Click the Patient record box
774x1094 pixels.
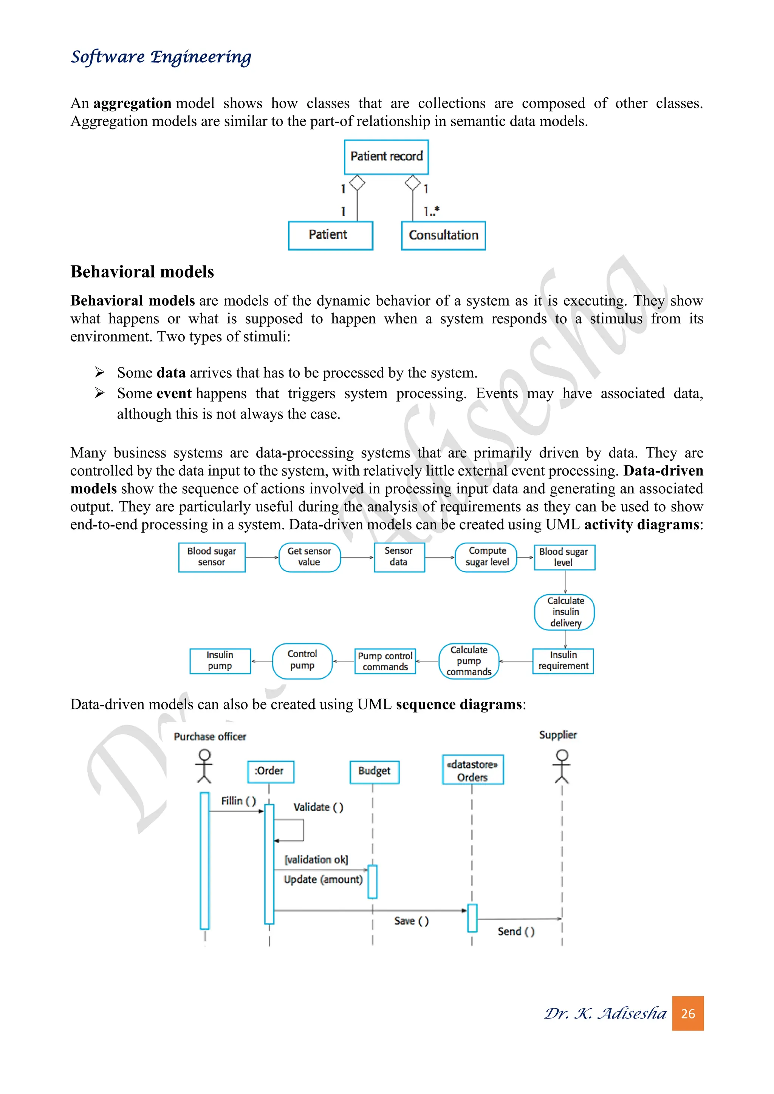click(x=386, y=157)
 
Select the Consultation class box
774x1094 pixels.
click(x=443, y=235)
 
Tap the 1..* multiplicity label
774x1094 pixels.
click(x=431, y=211)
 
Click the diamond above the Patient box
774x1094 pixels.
click(x=357, y=183)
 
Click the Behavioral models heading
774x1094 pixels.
click(x=142, y=272)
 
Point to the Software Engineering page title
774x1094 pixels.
click(x=161, y=57)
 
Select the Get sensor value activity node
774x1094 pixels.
click(x=309, y=557)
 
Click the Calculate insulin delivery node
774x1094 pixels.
click(x=565, y=612)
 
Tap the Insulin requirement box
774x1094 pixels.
click(x=563, y=661)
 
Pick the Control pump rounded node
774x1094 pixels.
click(x=302, y=660)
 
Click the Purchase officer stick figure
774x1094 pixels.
click(x=204, y=766)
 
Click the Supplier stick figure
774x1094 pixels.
click(x=562, y=766)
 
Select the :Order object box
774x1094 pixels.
click(x=271, y=771)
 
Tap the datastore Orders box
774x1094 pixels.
click(x=473, y=770)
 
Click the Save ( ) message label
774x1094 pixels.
click(x=411, y=921)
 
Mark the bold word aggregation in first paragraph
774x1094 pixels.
click(x=132, y=104)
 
